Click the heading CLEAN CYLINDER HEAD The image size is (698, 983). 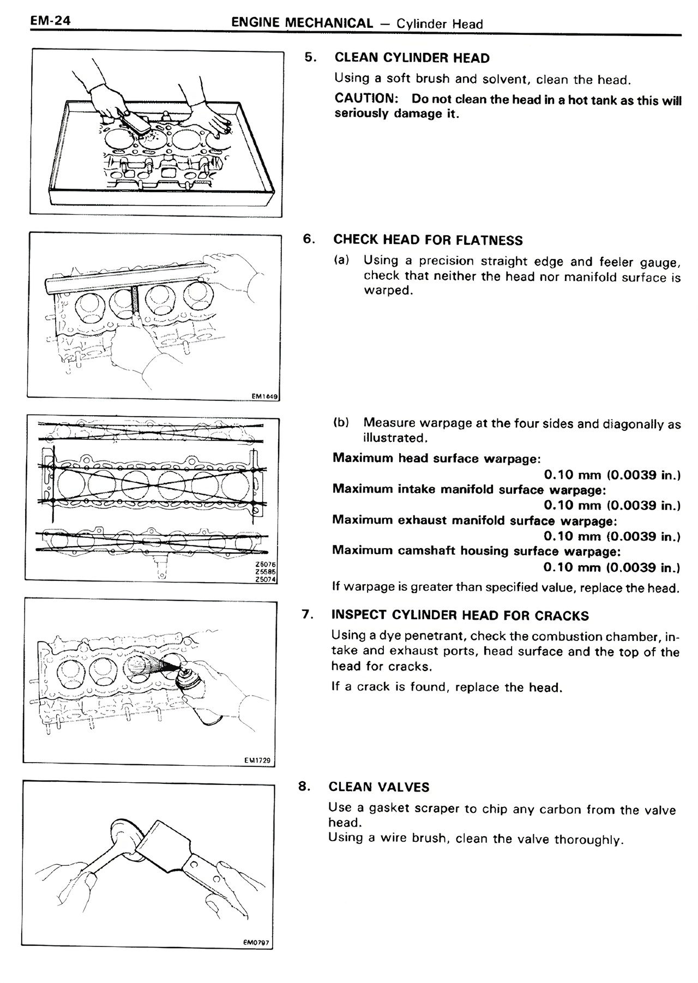412,58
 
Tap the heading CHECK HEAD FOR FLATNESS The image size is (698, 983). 428,240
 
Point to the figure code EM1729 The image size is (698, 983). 259,760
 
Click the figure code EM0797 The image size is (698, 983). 256,943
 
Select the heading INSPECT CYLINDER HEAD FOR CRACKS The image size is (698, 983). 460,616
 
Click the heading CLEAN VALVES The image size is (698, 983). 378,787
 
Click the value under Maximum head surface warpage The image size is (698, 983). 612,475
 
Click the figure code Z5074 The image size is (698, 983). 266,579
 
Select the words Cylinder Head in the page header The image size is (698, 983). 440,24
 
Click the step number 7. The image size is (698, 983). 307,615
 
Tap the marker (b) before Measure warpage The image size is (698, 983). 341,423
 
